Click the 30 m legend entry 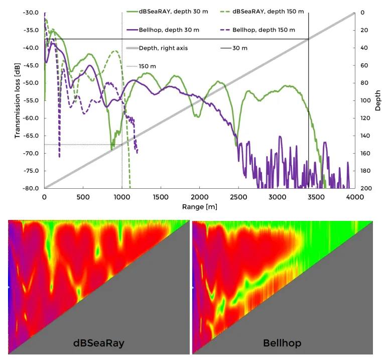coord(240,48)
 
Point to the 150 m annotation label coord(147,66)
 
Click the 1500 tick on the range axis coord(161,198)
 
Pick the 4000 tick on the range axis coord(354,198)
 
